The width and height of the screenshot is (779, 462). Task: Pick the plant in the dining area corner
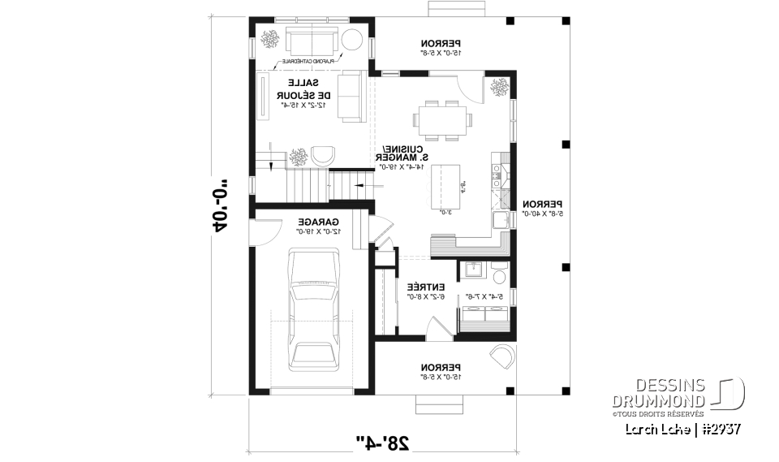point(497,87)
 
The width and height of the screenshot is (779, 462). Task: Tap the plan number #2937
point(719,429)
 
